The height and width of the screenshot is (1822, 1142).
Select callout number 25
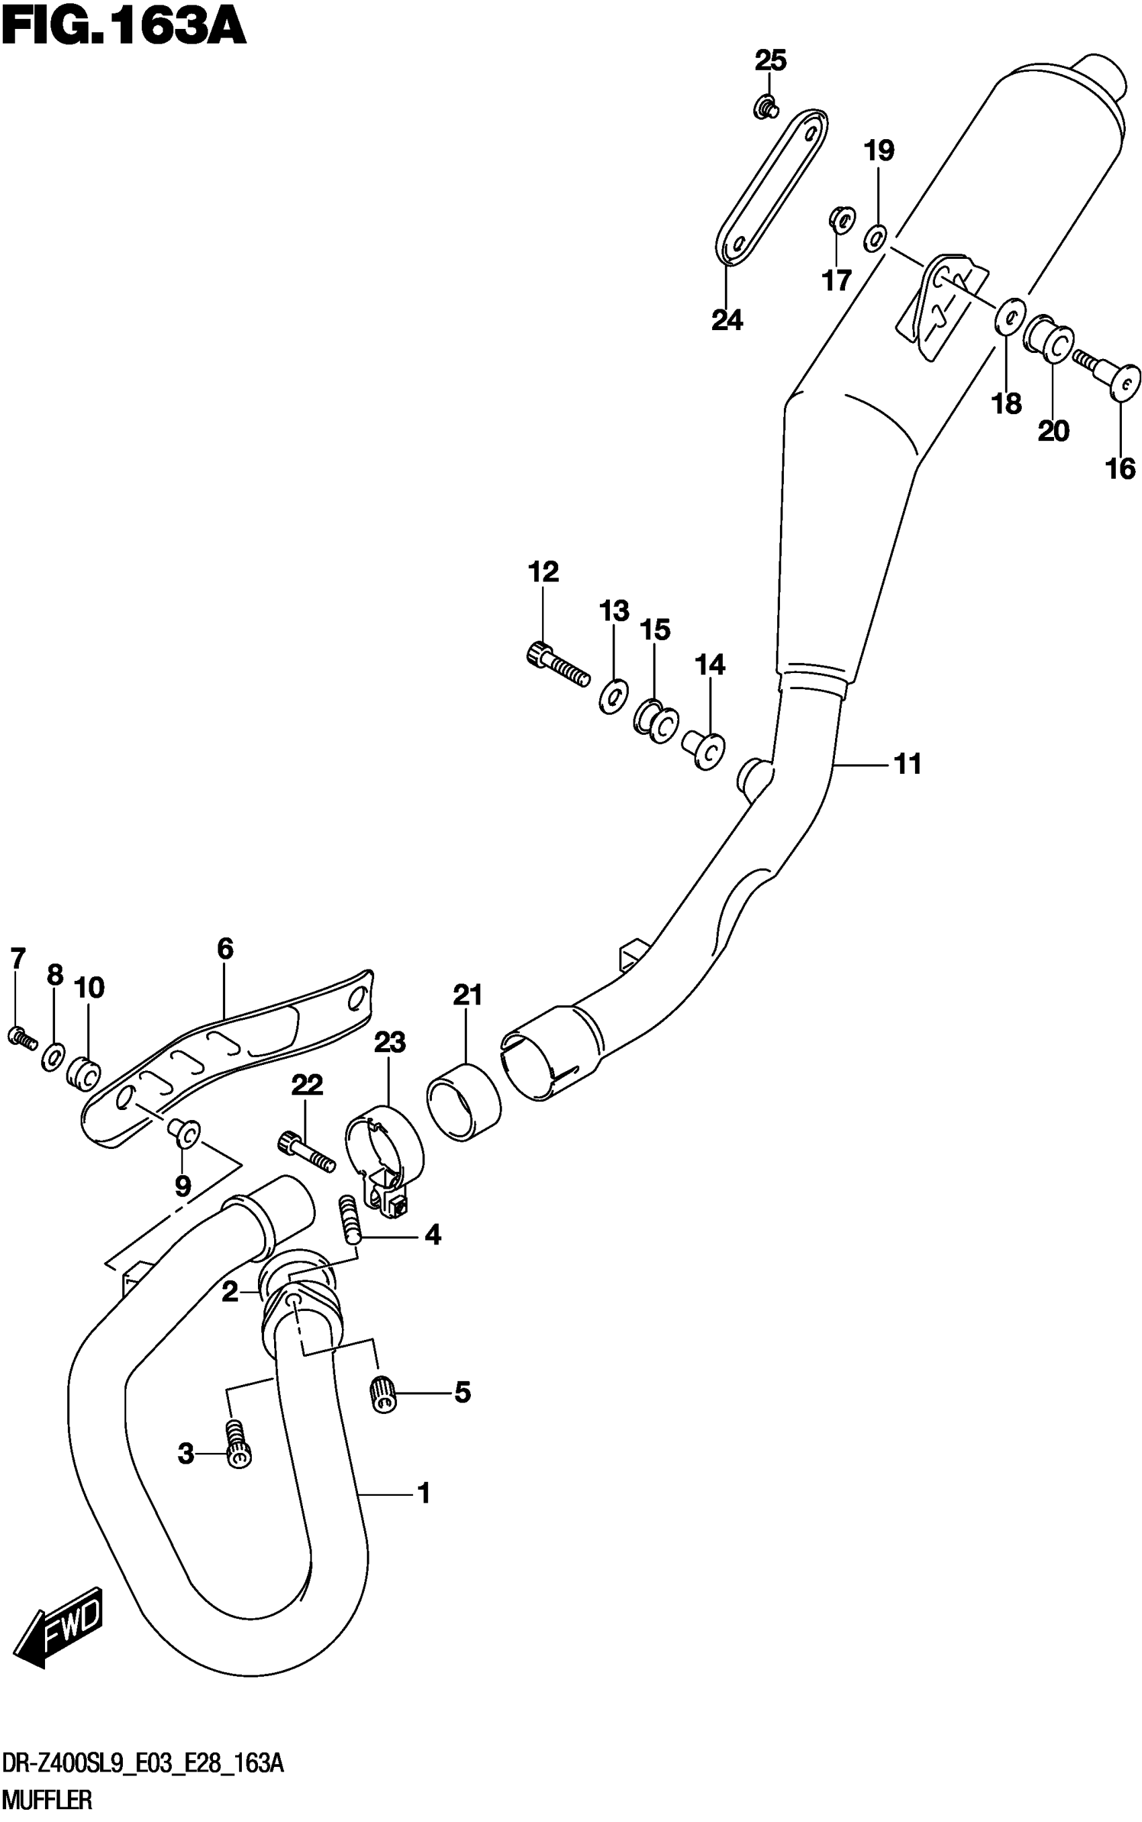coord(771,61)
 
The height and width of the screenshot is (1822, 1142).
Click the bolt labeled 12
coord(558,663)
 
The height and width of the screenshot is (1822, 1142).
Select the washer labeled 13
coord(613,695)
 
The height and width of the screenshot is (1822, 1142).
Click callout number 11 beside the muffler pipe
coord(907,764)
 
